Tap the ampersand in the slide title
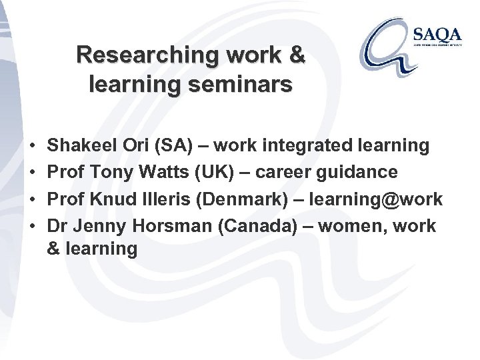[x=295, y=55]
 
